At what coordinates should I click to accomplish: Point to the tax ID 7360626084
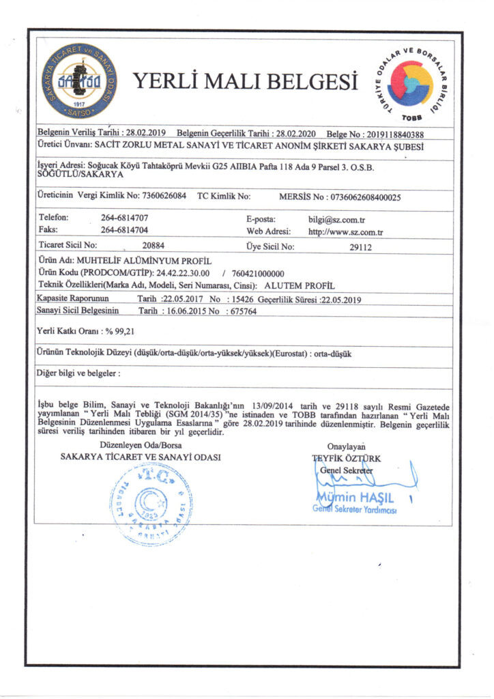coord(164,196)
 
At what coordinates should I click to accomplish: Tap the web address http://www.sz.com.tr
coord(345,232)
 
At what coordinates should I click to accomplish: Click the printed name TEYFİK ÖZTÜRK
coord(355,459)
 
